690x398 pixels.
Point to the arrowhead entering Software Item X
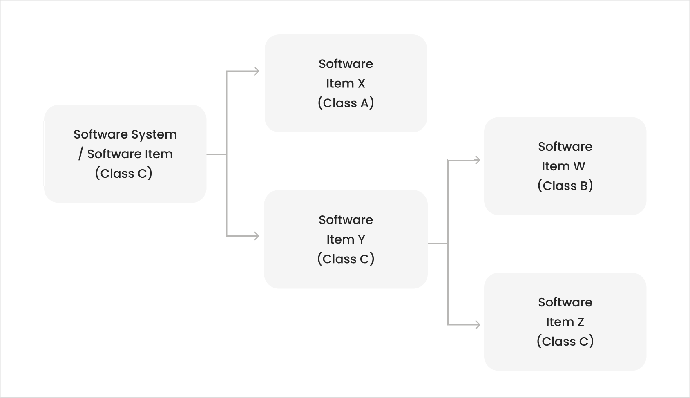(257, 72)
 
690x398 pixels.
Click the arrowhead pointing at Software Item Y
(257, 236)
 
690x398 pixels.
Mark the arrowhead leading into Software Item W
(478, 160)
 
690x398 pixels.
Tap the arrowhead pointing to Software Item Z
(478, 325)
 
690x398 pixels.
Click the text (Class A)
(346, 103)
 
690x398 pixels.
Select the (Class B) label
(565, 186)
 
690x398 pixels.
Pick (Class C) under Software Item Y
(346, 259)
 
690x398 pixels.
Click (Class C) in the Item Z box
(565, 341)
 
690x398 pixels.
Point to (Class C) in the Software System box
(124, 173)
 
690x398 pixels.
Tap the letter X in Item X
(361, 84)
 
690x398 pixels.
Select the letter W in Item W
(579, 166)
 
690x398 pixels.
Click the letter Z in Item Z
(581, 322)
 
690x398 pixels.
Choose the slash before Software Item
(81, 154)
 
